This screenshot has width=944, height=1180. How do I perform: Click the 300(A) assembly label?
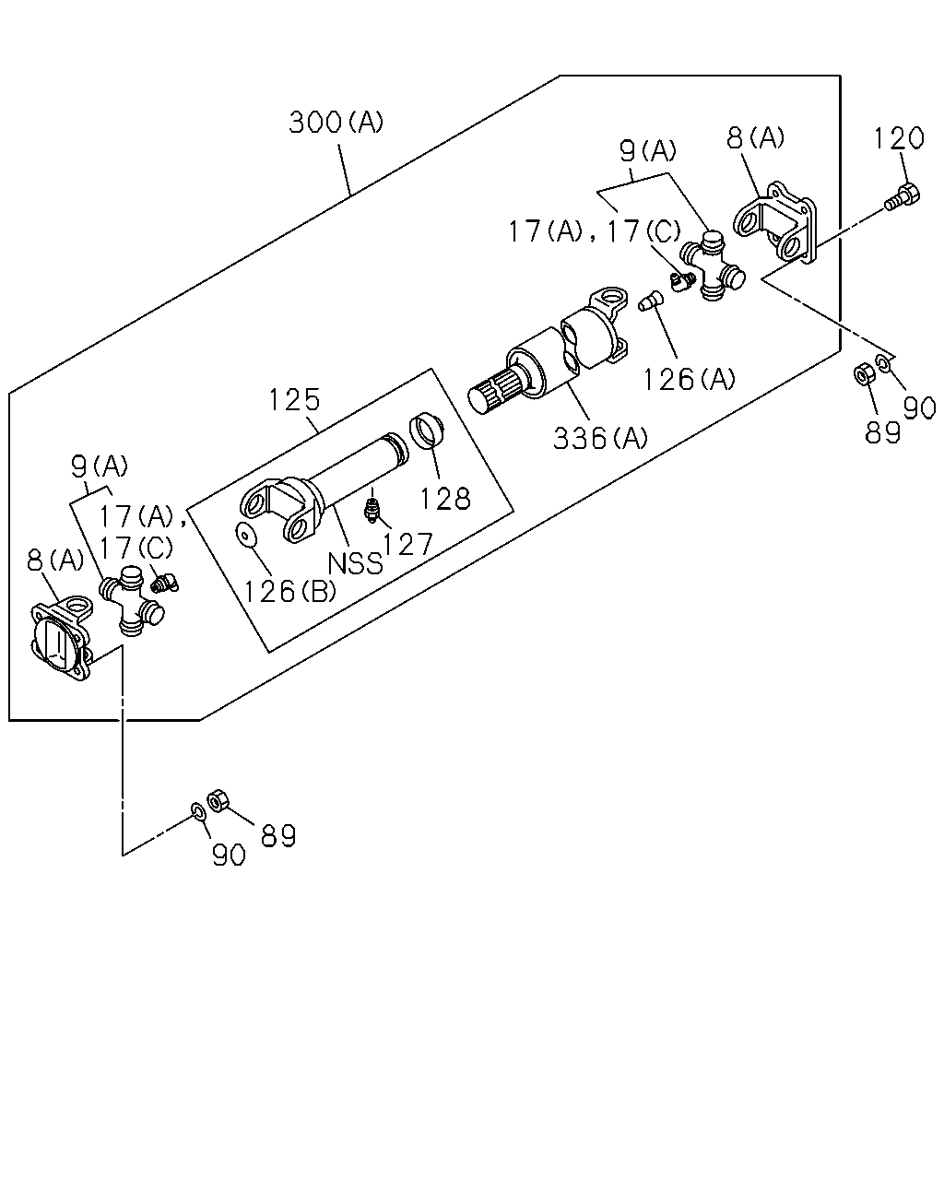[336, 122]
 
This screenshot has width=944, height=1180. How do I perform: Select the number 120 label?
[899, 138]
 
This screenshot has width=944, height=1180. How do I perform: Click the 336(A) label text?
[600, 438]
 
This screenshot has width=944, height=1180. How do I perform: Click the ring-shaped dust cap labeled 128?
[427, 431]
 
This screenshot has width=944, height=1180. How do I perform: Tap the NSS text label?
[355, 563]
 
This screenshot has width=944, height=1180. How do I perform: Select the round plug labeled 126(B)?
[247, 536]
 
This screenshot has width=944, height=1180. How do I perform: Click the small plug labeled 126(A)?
[651, 301]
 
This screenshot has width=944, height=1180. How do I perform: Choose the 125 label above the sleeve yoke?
[294, 400]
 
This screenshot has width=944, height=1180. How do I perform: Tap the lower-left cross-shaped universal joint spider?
[132, 601]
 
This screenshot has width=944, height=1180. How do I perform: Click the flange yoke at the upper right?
[775, 221]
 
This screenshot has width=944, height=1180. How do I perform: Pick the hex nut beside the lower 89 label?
[218, 800]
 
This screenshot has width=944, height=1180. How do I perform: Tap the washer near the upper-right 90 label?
[883, 362]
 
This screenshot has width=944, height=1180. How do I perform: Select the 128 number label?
[445, 499]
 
